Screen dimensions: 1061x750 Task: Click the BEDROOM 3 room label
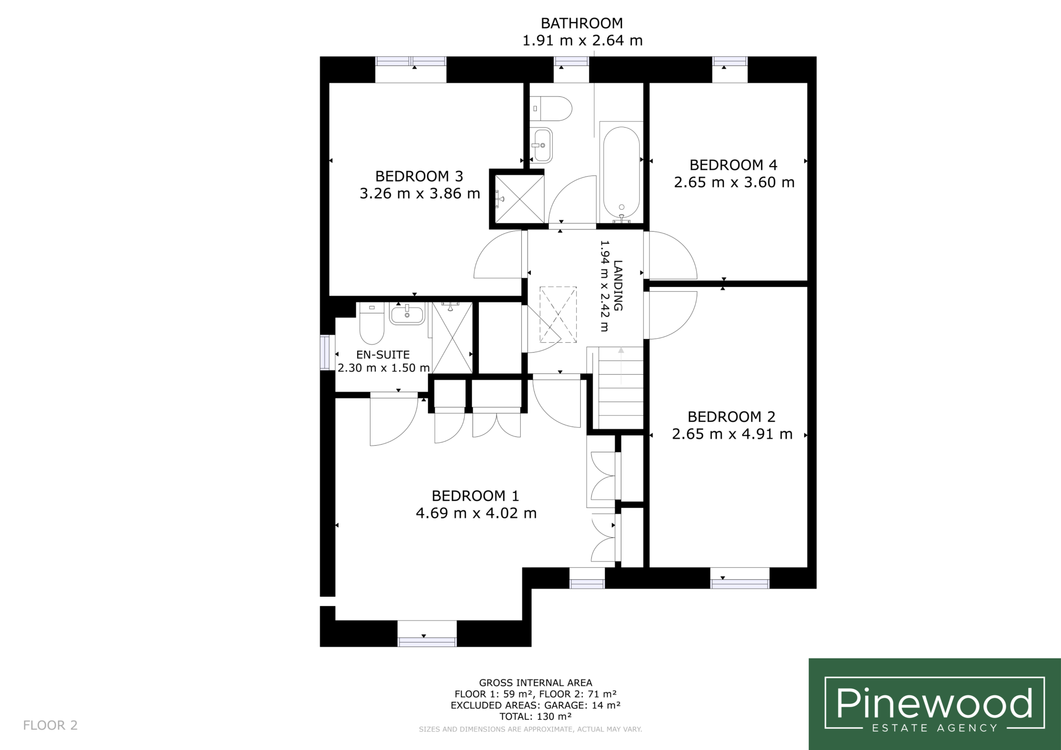[419, 176]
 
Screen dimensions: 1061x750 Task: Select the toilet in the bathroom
[551, 109]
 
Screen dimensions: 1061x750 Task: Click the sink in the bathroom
[541, 145]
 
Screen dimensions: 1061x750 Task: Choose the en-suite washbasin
[407, 314]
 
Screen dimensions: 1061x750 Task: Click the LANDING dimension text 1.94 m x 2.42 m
[604, 286]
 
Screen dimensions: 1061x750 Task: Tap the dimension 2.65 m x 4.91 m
[732, 434]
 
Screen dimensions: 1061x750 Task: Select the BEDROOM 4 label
[733, 165]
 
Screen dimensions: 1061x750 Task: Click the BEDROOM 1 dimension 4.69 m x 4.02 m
[476, 513]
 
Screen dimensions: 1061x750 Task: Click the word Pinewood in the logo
[934, 703]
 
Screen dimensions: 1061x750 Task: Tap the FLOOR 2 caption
[51, 725]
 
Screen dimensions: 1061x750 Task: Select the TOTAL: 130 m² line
[535, 716]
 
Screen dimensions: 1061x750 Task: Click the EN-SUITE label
[383, 354]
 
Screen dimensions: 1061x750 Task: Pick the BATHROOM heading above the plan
[582, 23]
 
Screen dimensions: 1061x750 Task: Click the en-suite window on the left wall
[327, 353]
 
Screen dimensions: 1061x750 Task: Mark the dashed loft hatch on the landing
[558, 315]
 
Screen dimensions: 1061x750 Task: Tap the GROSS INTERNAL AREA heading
[535, 682]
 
